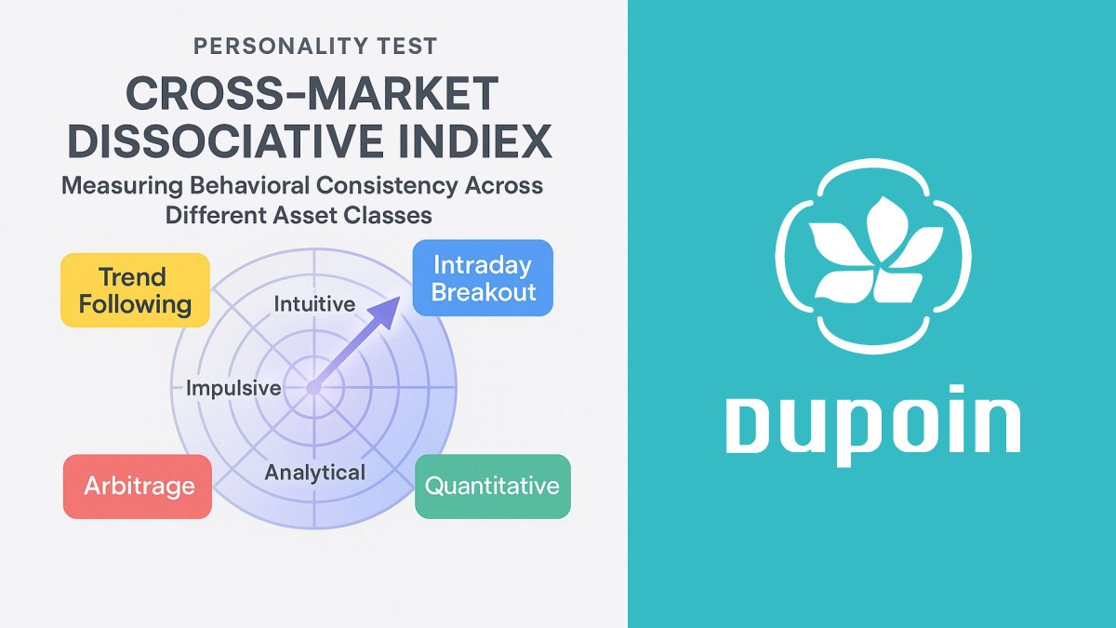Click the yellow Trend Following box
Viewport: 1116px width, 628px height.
pyautogui.click(x=135, y=290)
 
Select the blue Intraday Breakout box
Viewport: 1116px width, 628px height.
pyautogui.click(x=483, y=278)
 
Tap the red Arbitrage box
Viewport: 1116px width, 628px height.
pyautogui.click(x=138, y=485)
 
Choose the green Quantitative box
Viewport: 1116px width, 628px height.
pyautogui.click(x=492, y=485)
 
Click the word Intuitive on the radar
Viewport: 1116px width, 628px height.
pyautogui.click(x=314, y=304)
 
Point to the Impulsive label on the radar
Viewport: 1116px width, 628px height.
pyautogui.click(x=233, y=388)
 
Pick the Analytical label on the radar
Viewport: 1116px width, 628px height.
pyautogui.click(x=314, y=472)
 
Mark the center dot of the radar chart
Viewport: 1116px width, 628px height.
pyautogui.click(x=312, y=388)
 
